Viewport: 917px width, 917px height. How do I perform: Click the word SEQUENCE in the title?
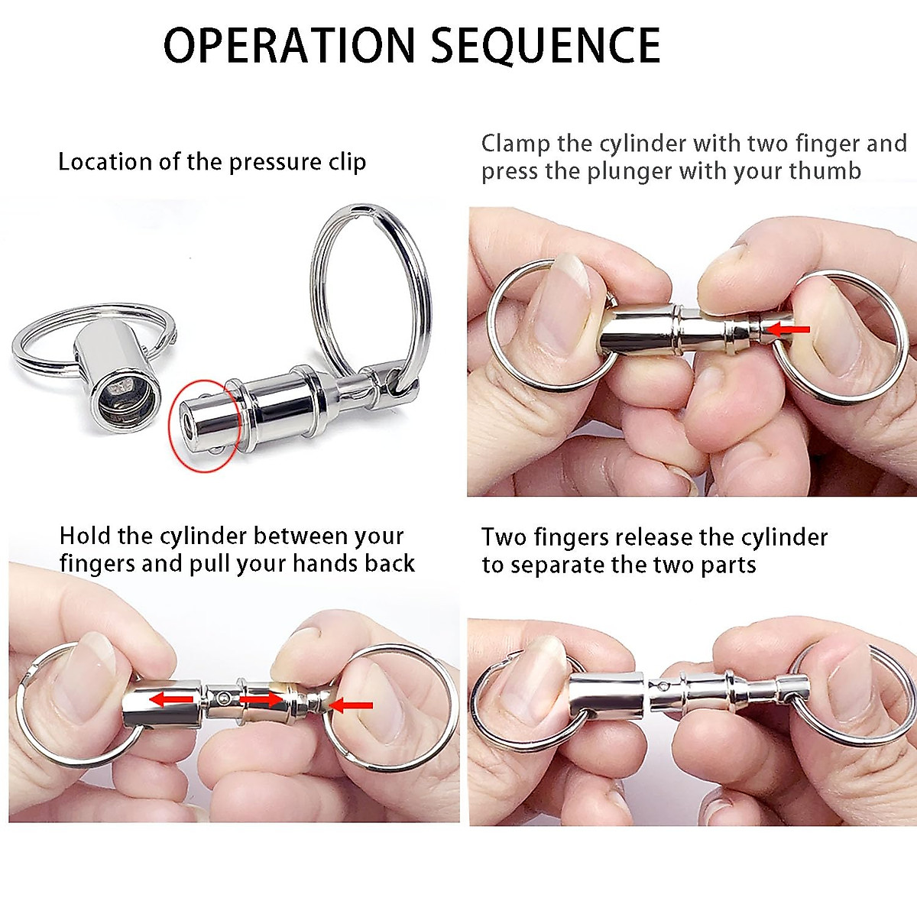(546, 46)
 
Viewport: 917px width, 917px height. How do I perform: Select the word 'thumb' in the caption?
(825, 171)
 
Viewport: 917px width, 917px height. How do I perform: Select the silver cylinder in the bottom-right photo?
(608, 695)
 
